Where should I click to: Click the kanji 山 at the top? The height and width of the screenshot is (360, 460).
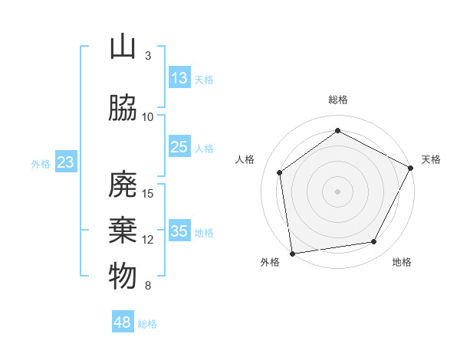[123, 47]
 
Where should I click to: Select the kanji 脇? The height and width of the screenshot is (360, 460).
[123, 109]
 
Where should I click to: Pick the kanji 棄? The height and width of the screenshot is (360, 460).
[123, 231]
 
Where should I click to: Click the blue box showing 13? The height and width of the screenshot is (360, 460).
[179, 78]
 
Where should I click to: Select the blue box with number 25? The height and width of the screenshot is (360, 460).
[179, 147]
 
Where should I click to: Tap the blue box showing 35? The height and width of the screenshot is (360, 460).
[179, 231]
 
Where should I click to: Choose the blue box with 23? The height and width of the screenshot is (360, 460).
[66, 162]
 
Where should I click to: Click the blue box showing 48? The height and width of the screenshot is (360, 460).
[123, 322]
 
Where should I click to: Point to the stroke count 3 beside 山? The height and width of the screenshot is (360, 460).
[148, 55]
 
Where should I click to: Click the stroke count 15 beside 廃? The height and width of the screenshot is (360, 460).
[148, 193]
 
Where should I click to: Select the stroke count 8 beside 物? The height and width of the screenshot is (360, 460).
[148, 286]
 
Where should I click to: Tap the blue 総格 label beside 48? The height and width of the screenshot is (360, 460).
[147, 324]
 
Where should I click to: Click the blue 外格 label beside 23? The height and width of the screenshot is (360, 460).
[41, 163]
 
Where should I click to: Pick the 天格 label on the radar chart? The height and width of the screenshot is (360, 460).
[431, 159]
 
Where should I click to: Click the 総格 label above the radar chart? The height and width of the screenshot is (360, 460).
[337, 100]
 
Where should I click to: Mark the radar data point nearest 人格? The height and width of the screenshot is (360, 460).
[280, 172]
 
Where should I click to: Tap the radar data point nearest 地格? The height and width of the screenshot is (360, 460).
[374, 242]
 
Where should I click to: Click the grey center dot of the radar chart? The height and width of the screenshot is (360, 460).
[337, 191]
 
